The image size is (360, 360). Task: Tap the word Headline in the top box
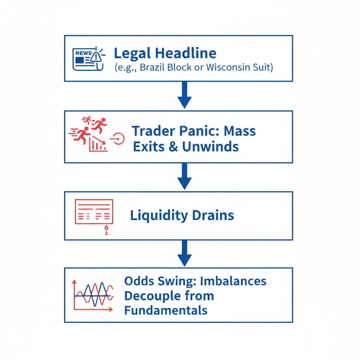pyautogui.click(x=186, y=53)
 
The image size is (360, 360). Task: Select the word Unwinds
pyautogui.click(x=210, y=147)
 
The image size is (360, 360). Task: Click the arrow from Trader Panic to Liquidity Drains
pyautogui.click(x=184, y=176)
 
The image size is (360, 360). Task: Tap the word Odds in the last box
pyautogui.click(x=138, y=281)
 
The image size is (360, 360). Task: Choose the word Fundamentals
pyautogui.click(x=166, y=310)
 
